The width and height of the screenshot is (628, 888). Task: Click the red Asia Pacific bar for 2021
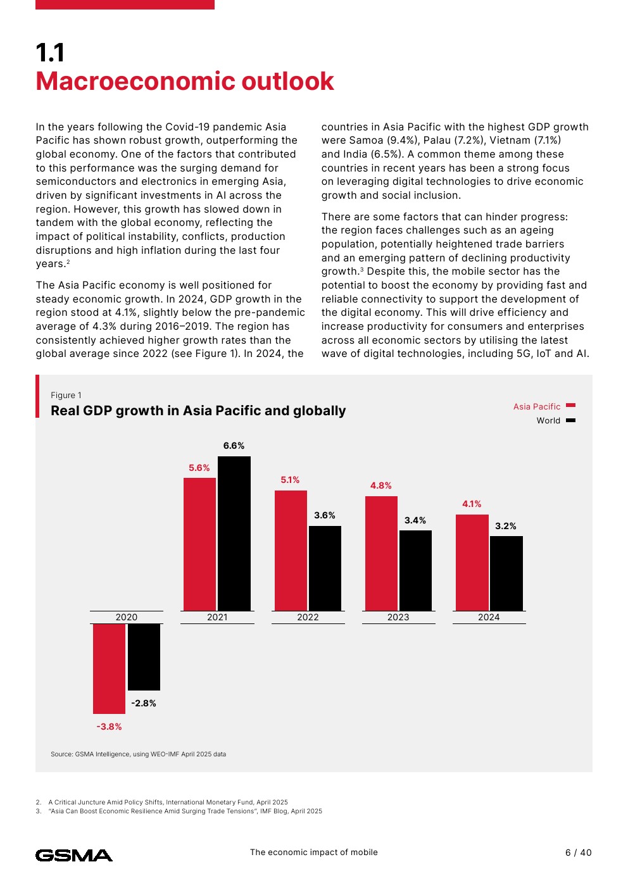199,544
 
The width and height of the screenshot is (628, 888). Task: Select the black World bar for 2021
234,534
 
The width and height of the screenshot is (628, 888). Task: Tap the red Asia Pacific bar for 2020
109,668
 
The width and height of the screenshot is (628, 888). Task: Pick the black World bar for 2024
506,573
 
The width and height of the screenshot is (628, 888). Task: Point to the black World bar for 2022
325,568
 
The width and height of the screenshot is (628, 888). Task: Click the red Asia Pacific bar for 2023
381,553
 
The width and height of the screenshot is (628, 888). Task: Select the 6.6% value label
234,446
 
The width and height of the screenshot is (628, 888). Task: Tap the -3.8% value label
109,727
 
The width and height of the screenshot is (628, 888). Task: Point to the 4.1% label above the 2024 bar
472,504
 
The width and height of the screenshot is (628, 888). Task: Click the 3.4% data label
415,520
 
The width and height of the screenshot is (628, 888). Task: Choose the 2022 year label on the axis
308,617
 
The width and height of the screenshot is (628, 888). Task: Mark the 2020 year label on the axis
127,617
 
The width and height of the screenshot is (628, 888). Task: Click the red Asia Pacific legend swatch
570,406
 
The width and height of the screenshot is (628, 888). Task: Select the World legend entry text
548,421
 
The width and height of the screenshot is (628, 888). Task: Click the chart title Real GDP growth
198,411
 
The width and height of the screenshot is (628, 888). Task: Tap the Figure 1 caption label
66,395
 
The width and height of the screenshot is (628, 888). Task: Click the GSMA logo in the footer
74,855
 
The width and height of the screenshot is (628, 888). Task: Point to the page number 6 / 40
578,853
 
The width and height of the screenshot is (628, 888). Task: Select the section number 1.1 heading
50,53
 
